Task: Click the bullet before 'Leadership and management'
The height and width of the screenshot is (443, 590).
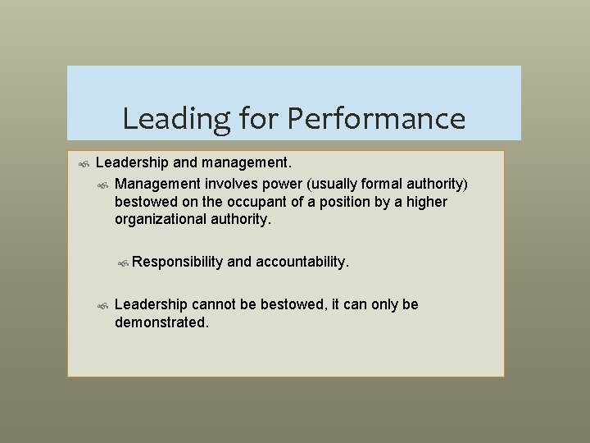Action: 83,165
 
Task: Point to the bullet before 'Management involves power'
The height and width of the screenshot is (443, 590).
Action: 102,183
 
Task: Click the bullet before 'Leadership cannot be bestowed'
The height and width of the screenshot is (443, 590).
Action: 102,305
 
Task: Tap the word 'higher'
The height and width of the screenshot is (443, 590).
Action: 427,202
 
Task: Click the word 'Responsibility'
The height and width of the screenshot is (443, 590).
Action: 177,262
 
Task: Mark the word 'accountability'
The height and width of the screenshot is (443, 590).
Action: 302,262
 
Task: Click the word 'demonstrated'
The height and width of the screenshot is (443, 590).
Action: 161,322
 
